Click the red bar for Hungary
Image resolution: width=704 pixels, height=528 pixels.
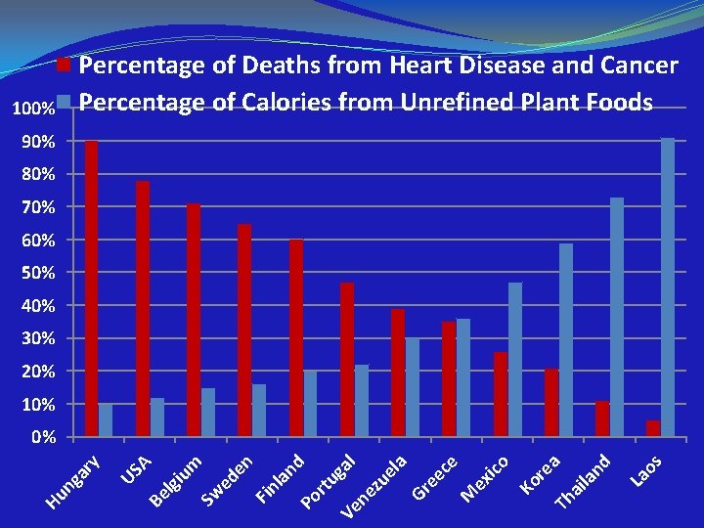(91, 288)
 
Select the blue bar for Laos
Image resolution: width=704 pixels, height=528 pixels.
(668, 287)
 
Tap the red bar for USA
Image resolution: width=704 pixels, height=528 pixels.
(143, 308)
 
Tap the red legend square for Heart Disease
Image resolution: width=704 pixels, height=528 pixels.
(65, 66)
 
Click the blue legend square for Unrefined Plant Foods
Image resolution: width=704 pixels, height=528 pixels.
(65, 101)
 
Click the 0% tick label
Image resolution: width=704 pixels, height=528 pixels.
(43, 437)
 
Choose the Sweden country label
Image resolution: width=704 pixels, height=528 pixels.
(228, 480)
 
